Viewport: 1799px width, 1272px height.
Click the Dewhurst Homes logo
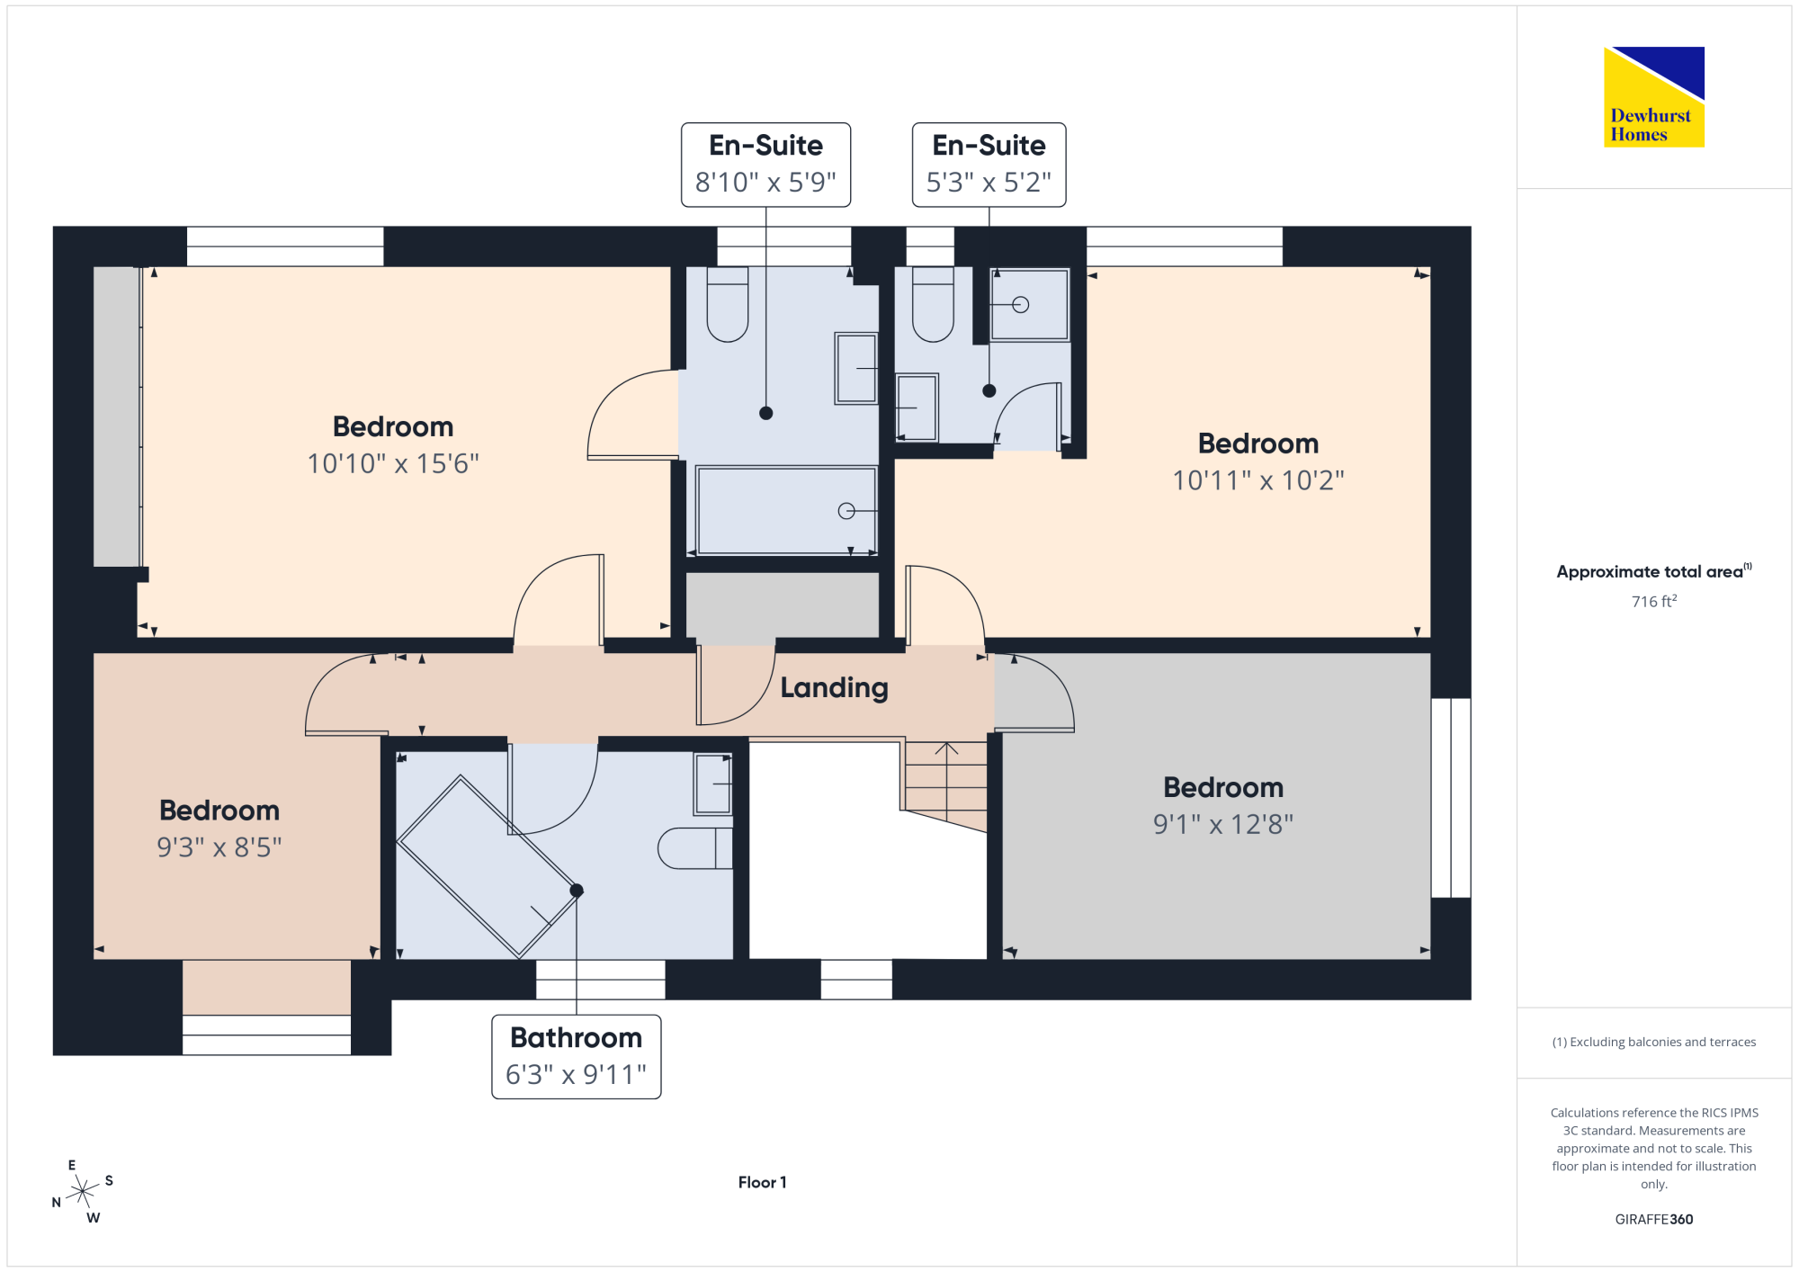(1654, 97)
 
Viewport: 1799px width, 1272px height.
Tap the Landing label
(834, 688)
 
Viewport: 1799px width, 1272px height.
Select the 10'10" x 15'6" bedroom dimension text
(393, 463)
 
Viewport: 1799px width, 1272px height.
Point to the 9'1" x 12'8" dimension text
(1223, 824)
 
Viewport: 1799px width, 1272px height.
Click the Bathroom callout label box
(577, 1057)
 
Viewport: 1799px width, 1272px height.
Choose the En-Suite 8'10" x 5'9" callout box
(766, 165)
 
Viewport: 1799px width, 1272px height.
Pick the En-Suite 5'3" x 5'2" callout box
(989, 165)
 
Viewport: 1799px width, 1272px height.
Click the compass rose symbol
(83, 1192)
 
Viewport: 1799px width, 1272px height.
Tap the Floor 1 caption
(763, 1182)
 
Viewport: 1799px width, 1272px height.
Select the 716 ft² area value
(1654, 601)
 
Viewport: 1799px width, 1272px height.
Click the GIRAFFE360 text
(1654, 1220)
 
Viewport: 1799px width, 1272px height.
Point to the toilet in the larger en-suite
(728, 304)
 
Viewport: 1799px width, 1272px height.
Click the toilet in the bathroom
(695, 848)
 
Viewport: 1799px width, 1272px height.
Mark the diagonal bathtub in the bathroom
(487, 866)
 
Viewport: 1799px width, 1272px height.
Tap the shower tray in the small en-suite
(1030, 305)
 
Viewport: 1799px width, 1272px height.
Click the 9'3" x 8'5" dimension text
(219, 847)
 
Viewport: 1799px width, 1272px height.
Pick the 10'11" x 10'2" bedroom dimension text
(1258, 480)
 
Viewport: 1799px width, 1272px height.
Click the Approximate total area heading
(1654, 571)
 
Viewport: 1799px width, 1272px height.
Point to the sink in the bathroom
(713, 784)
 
